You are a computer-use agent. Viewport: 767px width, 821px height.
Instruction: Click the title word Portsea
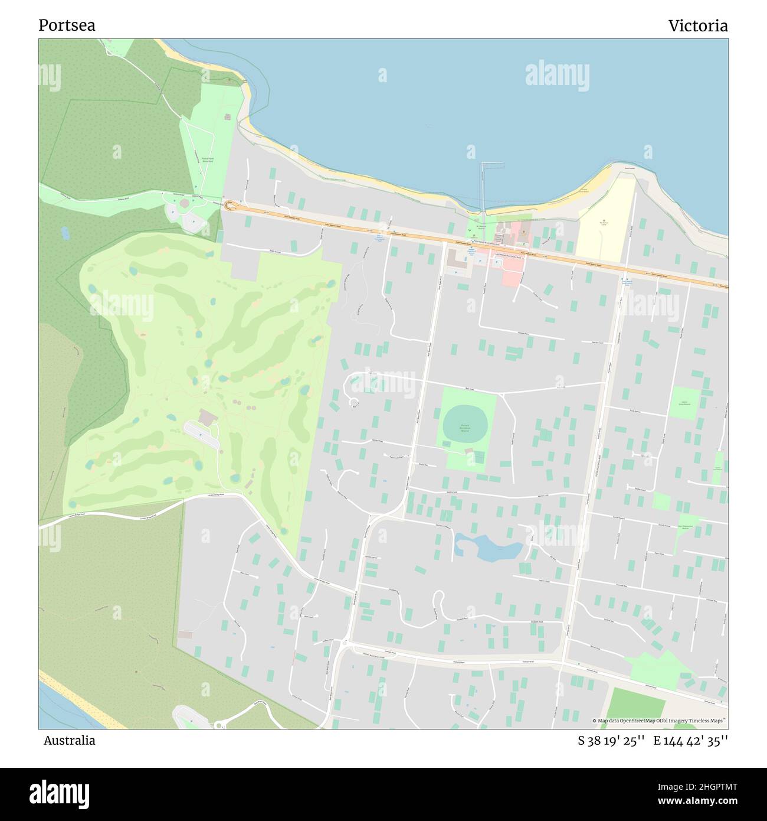coord(67,25)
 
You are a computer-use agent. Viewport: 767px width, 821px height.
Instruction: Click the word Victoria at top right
coord(697,25)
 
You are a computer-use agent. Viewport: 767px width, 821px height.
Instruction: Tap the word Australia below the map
coord(69,741)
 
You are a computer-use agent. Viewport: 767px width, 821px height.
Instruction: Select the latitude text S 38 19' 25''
coord(611,741)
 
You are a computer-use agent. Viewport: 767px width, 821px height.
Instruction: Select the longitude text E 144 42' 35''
coord(690,741)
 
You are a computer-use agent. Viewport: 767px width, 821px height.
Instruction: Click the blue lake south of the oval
coord(488,548)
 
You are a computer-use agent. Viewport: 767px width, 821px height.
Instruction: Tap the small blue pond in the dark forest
coord(65,233)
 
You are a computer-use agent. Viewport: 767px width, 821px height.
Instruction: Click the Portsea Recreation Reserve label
coord(465,426)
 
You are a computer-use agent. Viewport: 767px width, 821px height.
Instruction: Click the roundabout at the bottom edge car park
coord(219,724)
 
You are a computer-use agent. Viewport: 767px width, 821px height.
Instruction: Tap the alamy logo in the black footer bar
coord(59,793)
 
